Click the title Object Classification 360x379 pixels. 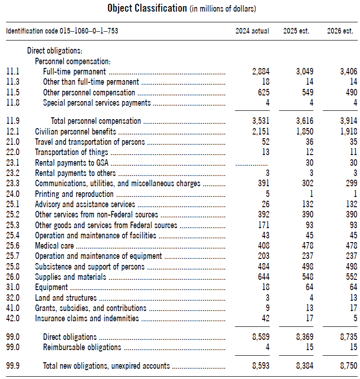(x=147, y=8)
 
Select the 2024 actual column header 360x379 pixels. (x=252, y=31)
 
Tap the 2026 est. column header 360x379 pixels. (x=340, y=31)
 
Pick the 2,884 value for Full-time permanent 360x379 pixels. (x=260, y=72)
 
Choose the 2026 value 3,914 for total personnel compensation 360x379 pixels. (x=347, y=121)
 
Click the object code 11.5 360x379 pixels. (x=13, y=93)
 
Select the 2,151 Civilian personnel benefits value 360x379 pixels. (x=260, y=132)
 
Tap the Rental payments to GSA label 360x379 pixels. (x=72, y=163)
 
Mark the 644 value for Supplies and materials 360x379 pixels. (x=263, y=277)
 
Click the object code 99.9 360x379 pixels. (x=13, y=366)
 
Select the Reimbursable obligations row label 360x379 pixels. (x=82, y=347)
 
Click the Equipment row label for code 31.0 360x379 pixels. (x=52, y=287)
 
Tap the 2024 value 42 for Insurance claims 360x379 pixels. (x=265, y=318)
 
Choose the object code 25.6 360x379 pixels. (x=13, y=246)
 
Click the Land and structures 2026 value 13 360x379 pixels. (x=353, y=298)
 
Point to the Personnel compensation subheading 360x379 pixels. (x=73, y=61)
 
